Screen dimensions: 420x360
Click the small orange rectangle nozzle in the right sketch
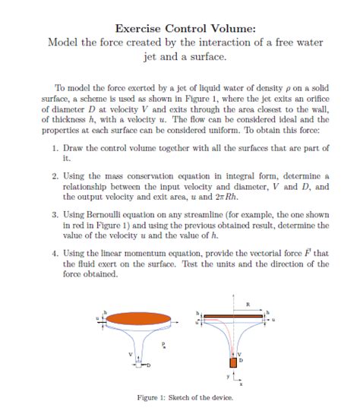click(x=233, y=361)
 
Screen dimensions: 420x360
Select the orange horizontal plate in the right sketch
click(x=233, y=314)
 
